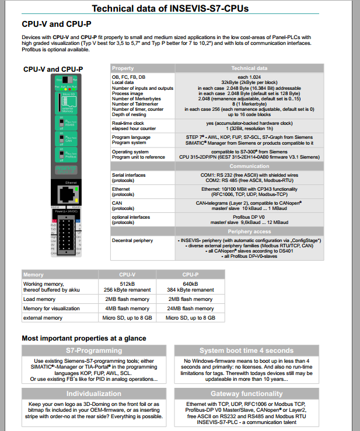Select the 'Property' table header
click(123, 68)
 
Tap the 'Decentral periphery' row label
click(133, 240)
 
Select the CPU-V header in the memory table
click(127, 274)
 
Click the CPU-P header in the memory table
click(190, 274)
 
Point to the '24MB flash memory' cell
click(190, 309)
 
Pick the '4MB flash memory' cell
click(127, 309)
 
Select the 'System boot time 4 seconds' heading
click(246, 351)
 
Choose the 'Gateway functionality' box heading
click(246, 394)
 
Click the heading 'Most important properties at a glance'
click(84, 338)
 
